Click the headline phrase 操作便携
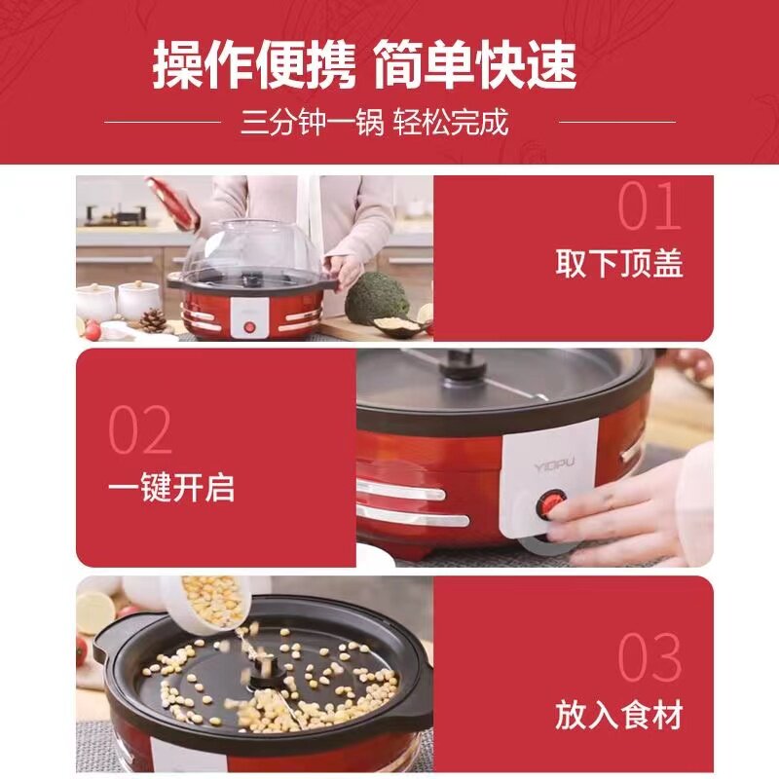(x=254, y=65)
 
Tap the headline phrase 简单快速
(x=475, y=65)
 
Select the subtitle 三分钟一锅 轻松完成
(x=375, y=123)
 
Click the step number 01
(x=649, y=205)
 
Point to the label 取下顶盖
(x=619, y=263)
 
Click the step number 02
(x=140, y=429)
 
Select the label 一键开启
(x=171, y=487)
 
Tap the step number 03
(x=649, y=656)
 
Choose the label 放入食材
(x=619, y=715)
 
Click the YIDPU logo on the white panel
(x=554, y=465)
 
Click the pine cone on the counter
(x=153, y=320)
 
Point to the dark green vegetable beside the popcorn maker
(x=376, y=298)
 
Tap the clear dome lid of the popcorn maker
(x=252, y=253)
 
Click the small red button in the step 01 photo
(x=250, y=327)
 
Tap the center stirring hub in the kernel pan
(x=264, y=676)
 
